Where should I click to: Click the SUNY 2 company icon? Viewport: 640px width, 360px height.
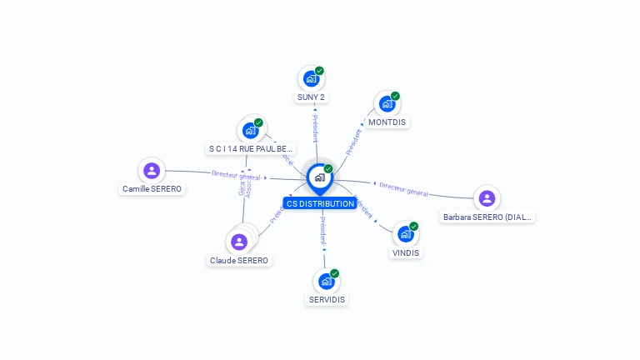click(311, 78)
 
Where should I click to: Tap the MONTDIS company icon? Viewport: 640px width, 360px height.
click(387, 103)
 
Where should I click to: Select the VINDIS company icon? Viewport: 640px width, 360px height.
click(406, 234)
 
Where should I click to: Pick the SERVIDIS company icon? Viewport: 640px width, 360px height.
click(327, 281)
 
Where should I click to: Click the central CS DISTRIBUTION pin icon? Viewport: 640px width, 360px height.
click(319, 177)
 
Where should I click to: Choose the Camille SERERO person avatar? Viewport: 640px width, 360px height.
click(152, 171)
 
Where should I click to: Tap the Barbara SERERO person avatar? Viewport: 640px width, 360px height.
click(487, 198)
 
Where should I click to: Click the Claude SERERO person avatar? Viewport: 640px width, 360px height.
click(239, 242)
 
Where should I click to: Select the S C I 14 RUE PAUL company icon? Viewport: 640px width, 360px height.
click(250, 130)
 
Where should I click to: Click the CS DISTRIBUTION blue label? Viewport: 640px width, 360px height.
click(320, 203)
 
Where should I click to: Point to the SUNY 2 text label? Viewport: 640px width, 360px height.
click(311, 97)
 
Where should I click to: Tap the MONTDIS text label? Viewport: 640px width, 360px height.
click(387, 122)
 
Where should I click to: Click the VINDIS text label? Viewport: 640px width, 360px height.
click(406, 252)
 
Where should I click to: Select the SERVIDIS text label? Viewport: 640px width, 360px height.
click(327, 299)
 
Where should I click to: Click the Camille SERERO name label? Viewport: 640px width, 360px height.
click(152, 189)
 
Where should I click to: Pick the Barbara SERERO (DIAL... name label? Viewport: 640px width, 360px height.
click(487, 217)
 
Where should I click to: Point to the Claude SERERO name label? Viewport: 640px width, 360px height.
click(239, 260)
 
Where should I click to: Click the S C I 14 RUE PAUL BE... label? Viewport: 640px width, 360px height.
click(250, 148)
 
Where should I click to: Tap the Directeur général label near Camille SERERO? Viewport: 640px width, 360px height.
click(237, 175)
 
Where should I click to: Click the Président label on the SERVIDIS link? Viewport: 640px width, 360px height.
click(323, 230)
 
